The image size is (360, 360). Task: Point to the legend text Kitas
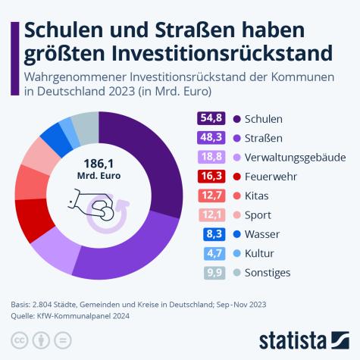[x=258, y=196]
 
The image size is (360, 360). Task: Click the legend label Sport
[x=260, y=214]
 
